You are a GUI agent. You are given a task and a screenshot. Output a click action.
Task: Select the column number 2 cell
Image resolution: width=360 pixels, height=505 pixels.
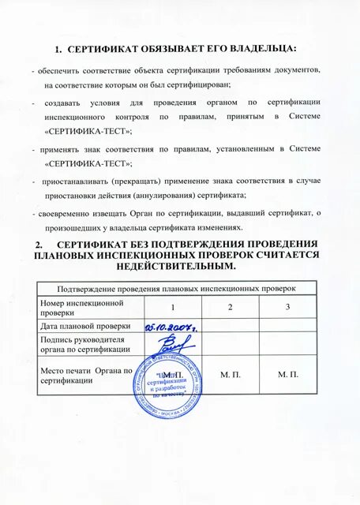[x=231, y=307]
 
